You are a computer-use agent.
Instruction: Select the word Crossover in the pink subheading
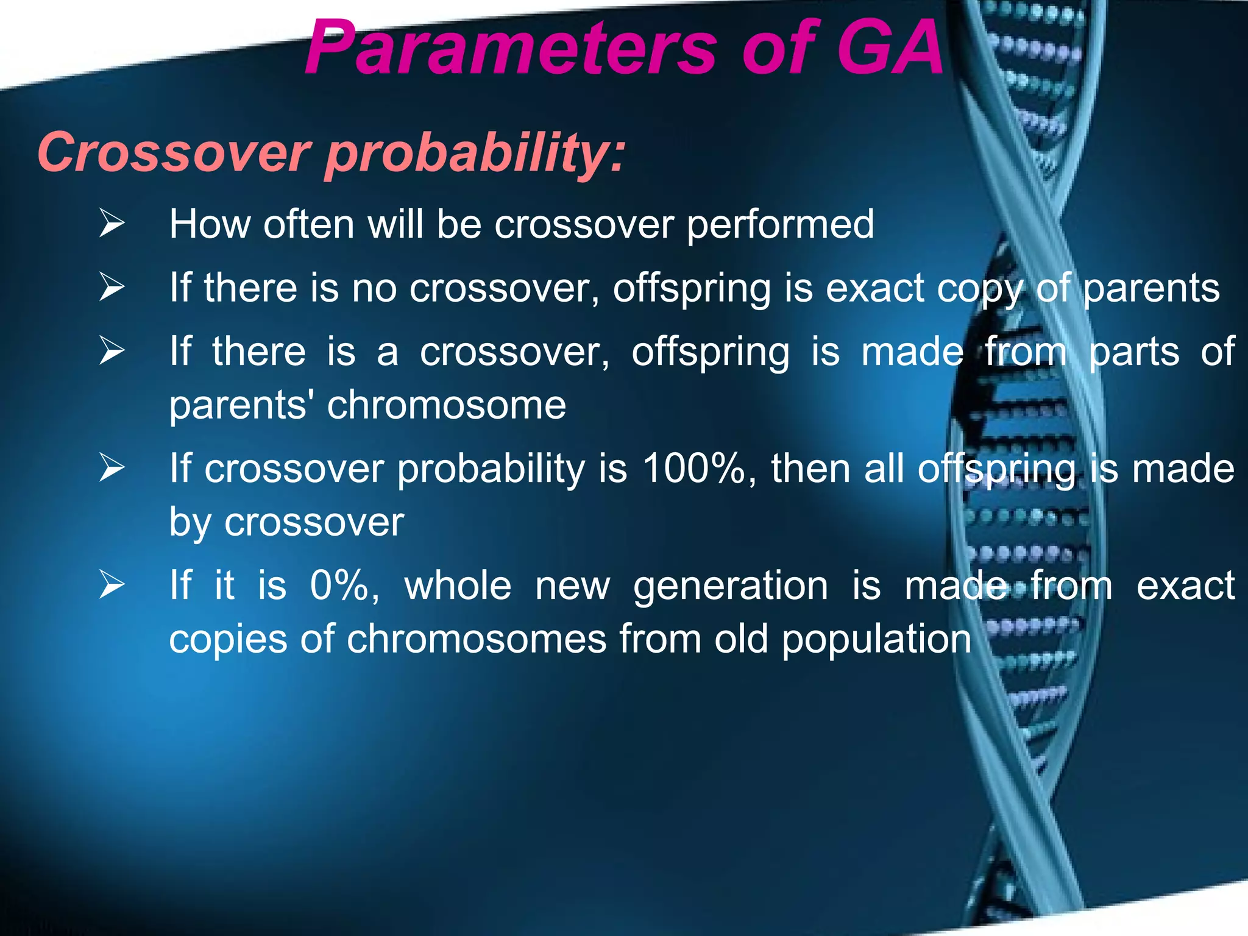174,152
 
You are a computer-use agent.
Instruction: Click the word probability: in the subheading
476,152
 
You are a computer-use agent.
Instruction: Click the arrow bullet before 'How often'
112,223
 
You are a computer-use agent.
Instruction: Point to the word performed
780,224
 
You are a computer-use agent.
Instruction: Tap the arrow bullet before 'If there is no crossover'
112,287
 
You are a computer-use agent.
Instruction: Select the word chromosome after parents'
447,405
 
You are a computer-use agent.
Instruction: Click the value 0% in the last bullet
344,585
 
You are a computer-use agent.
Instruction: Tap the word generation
731,586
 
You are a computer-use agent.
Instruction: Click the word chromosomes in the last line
477,639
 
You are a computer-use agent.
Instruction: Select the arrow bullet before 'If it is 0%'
112,585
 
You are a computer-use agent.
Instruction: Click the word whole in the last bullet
458,585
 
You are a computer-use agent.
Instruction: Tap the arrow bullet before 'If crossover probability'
112,468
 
